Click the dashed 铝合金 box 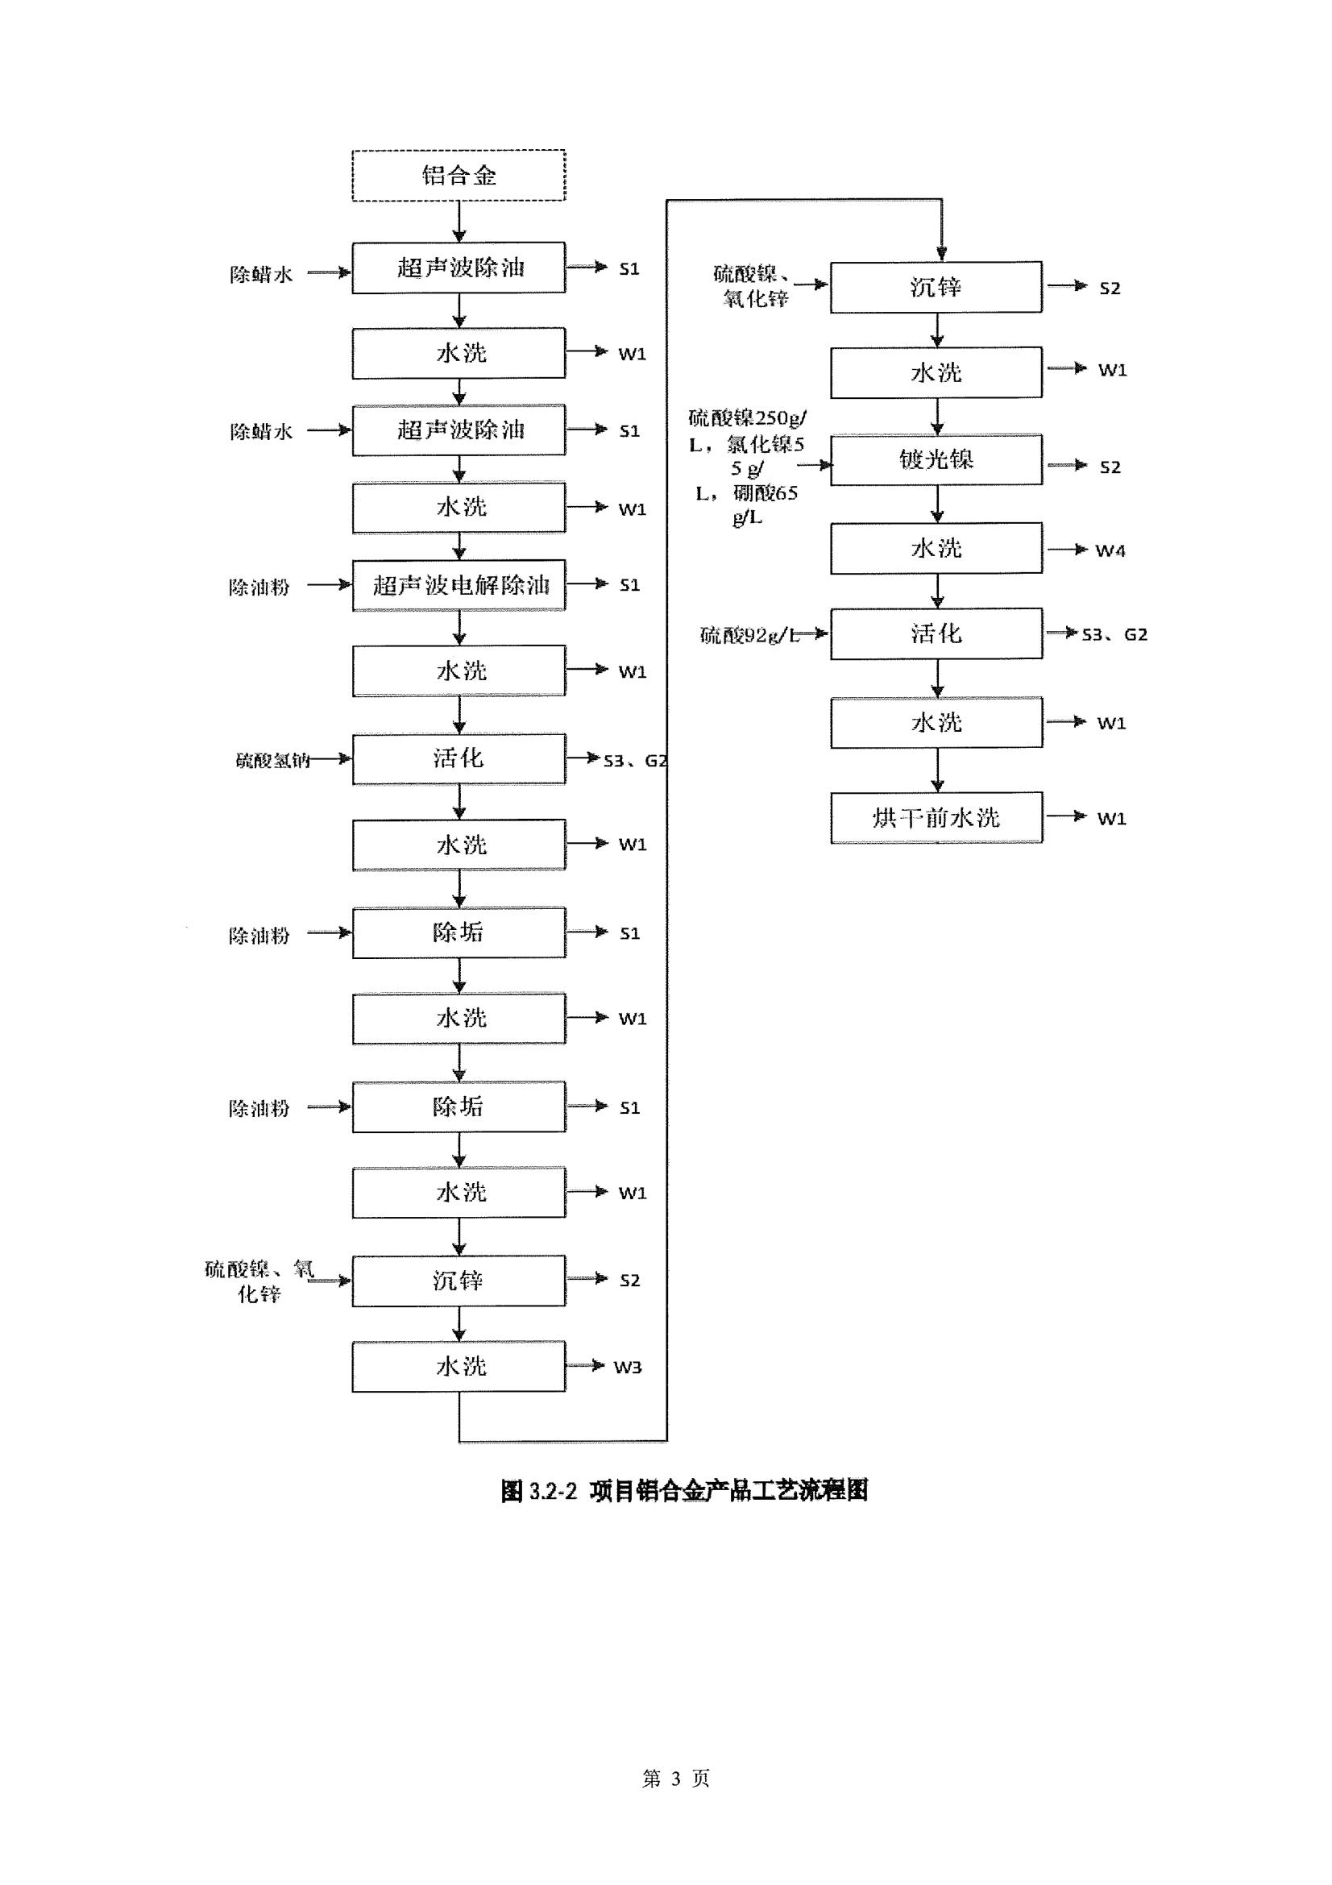(x=458, y=175)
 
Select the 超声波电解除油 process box (x=458, y=585)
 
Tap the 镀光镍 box (x=936, y=459)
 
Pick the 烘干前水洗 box (x=936, y=818)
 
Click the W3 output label (x=628, y=1367)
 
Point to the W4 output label (x=1110, y=551)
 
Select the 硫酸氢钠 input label (x=272, y=760)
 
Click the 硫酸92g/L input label (x=749, y=634)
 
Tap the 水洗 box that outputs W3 (x=458, y=1366)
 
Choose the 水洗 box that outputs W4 (x=936, y=549)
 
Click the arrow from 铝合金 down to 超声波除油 (x=459, y=221)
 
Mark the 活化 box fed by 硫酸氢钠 (x=458, y=758)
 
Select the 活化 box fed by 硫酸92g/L (x=936, y=633)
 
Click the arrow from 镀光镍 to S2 (x=1067, y=466)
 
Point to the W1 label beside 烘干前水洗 (x=1111, y=819)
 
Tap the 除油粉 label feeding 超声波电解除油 (x=259, y=587)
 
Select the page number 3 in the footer (x=675, y=1779)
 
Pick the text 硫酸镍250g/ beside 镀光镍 (x=747, y=419)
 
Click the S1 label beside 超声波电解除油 (x=629, y=585)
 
